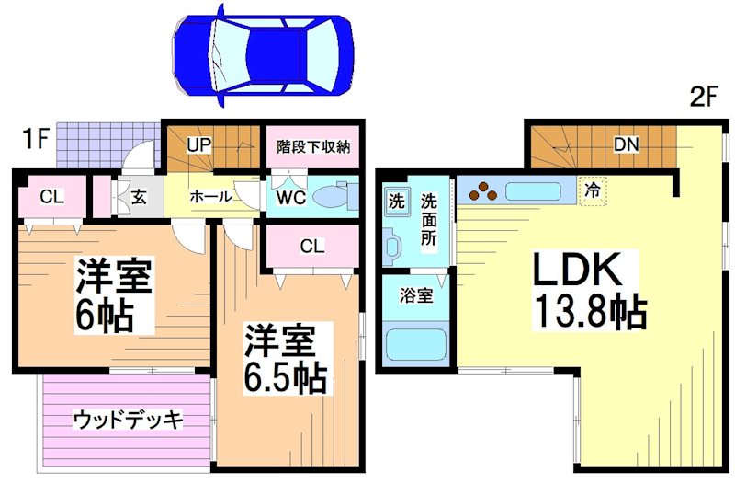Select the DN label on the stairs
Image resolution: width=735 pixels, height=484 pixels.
(628, 144)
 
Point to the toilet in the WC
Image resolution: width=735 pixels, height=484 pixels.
(334, 196)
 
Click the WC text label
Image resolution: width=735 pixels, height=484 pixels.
(286, 197)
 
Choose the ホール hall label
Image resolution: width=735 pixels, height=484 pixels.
(210, 197)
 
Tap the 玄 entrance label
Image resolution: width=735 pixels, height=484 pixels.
(138, 196)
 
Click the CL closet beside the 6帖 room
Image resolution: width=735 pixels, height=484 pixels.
(51, 196)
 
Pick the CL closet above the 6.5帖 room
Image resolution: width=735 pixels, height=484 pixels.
(311, 246)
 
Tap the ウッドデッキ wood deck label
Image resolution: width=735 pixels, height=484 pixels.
(128, 420)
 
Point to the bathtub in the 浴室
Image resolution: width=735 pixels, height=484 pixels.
(415, 346)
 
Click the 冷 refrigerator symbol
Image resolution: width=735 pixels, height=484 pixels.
(594, 192)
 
